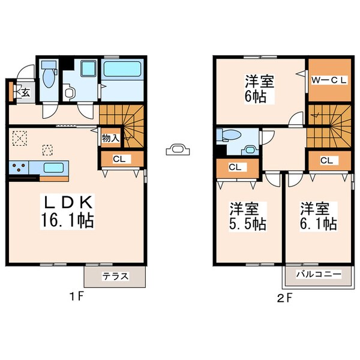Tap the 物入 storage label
[x=110, y=138]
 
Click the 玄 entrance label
[x=25, y=92]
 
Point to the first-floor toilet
[x=49, y=78]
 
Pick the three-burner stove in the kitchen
[x=19, y=167]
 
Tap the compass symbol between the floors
[x=179, y=148]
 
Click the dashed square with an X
[x=20, y=139]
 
